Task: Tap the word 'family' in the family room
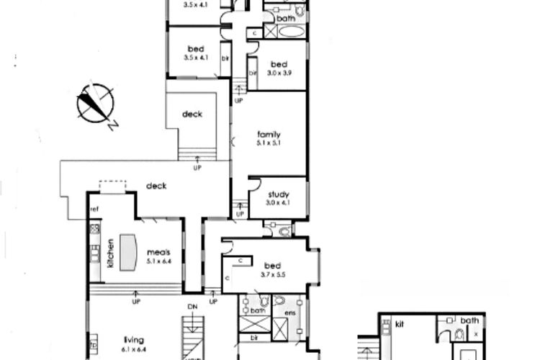[269, 134]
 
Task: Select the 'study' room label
[278, 194]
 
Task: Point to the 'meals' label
[158, 252]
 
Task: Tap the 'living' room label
[135, 340]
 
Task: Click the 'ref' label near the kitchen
[94, 210]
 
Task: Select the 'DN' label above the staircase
[192, 307]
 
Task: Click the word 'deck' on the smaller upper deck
[192, 114]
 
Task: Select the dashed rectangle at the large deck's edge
[112, 186]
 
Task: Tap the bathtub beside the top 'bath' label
[292, 31]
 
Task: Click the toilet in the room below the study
[283, 231]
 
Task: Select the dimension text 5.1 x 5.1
[269, 143]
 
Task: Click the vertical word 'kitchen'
[110, 253]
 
